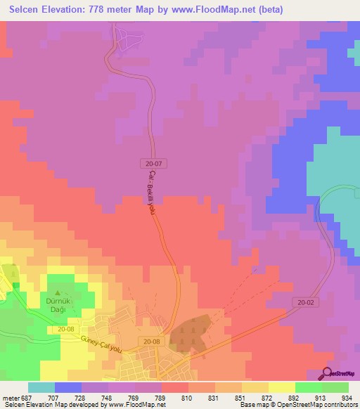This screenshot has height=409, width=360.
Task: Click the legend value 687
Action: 26,396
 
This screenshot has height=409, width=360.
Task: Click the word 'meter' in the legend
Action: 9,396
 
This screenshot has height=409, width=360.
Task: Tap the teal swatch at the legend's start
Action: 41,387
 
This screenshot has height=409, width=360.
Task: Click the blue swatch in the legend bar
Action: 68,387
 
